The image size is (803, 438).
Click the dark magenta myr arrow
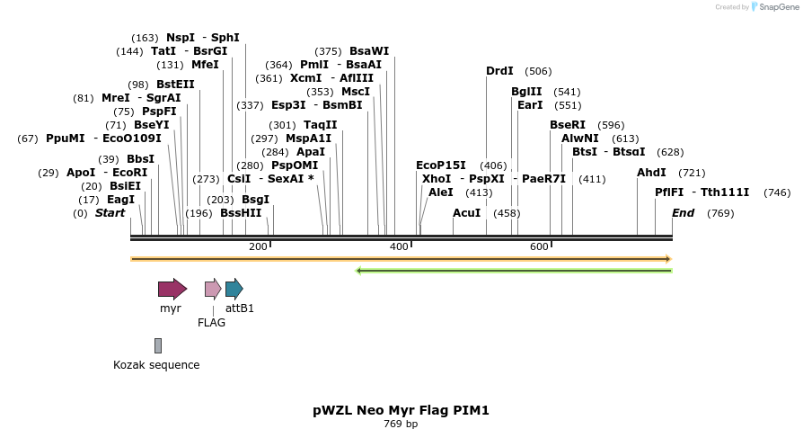172,289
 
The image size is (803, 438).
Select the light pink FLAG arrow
213,289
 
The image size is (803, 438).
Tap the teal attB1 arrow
234,289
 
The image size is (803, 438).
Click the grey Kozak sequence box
158,345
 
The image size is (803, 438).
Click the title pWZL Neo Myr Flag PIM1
401,410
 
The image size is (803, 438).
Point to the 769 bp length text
401,424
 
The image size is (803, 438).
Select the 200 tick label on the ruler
258,246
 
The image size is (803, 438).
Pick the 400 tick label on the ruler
398,246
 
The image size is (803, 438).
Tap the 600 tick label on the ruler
539,246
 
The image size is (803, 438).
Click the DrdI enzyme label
499,71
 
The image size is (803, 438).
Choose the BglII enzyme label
526,92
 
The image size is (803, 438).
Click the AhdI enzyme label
651,173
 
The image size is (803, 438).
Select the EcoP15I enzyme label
441,165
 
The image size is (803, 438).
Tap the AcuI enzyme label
466,213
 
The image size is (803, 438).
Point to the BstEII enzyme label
175,85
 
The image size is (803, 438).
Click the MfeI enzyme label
205,65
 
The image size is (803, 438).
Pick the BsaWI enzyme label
369,51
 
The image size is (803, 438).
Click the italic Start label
110,213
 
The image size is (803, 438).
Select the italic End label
683,213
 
